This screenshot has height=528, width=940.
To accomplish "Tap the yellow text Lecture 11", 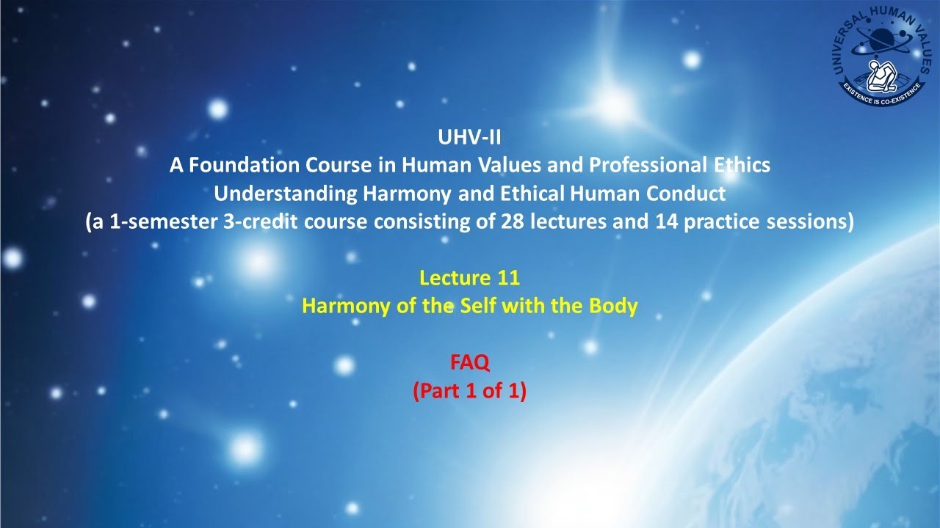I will tap(469, 278).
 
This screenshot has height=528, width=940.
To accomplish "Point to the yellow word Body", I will tap(613, 306).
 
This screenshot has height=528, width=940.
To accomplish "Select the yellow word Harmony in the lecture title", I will tap(341, 306).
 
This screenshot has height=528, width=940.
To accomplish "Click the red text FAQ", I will tap(469, 362).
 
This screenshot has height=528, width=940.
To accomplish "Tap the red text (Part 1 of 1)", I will tap(469, 391).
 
